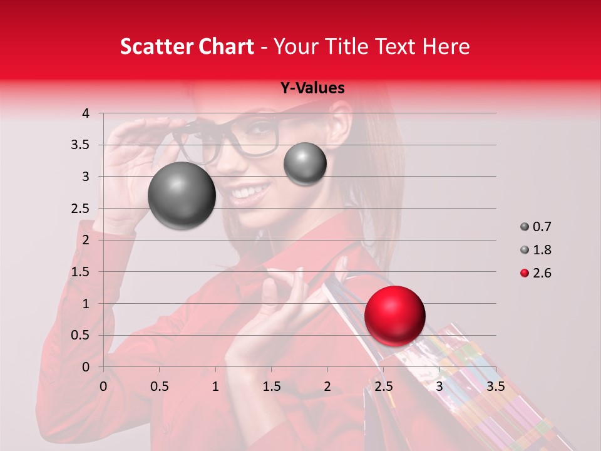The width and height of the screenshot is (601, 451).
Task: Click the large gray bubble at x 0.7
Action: (x=182, y=195)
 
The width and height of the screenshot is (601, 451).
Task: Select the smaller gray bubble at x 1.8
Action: (x=305, y=163)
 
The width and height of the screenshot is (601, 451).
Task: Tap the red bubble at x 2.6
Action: (x=394, y=316)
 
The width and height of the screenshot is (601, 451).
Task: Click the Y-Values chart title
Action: (x=312, y=88)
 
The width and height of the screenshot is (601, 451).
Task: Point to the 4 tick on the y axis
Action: (x=86, y=113)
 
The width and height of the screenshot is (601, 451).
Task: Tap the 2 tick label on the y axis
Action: (x=86, y=240)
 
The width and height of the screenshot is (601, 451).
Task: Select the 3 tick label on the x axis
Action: (x=439, y=386)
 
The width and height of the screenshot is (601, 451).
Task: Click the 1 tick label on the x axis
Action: (x=215, y=386)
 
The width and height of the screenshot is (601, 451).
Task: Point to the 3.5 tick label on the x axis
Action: (x=495, y=386)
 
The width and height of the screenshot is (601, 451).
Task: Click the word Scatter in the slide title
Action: (x=158, y=47)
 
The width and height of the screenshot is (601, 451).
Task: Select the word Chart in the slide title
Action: (x=227, y=47)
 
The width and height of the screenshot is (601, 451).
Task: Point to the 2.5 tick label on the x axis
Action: (x=383, y=386)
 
